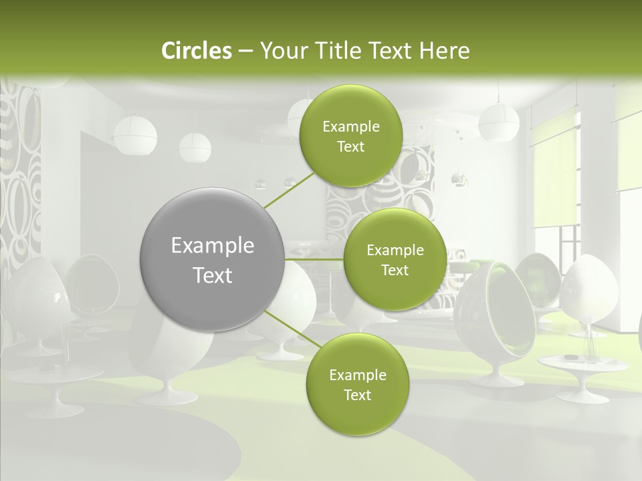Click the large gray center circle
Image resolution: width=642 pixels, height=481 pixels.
213,259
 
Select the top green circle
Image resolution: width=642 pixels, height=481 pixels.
350,136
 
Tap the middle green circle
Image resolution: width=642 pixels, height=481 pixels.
395,259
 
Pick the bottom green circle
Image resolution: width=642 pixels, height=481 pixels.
357,384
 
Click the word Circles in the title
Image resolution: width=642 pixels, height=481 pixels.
196,51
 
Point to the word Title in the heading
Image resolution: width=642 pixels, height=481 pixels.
340,51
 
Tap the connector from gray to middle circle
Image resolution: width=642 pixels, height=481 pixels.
314,259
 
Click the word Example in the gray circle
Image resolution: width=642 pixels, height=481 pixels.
213,246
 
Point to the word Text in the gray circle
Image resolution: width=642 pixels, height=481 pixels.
213,275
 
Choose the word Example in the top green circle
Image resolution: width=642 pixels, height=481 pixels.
350,126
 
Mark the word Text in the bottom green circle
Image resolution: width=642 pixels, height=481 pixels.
357,395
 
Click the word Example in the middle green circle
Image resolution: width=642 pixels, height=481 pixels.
395,250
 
